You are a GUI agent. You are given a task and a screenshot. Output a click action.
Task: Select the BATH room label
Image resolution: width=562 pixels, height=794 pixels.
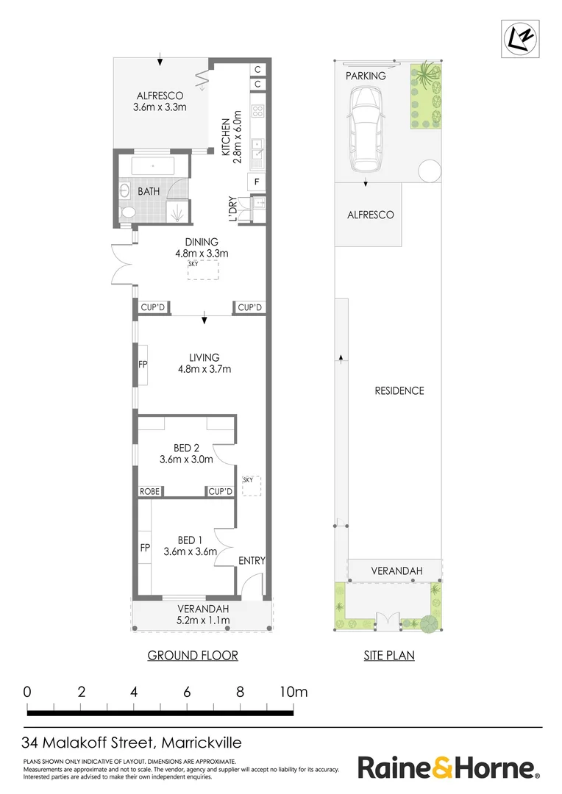pos(149,191)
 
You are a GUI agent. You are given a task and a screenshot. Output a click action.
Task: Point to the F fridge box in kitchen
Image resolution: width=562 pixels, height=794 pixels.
pos(257,181)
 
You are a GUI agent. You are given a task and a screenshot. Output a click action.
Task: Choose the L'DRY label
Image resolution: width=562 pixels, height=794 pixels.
pos(232,209)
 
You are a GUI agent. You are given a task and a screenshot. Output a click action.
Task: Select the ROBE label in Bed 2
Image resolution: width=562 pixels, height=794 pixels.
pos(150,491)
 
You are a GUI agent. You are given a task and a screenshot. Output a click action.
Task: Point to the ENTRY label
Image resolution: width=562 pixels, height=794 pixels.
pos(252,561)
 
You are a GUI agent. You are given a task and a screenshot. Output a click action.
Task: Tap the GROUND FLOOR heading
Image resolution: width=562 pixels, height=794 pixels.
pos(193,655)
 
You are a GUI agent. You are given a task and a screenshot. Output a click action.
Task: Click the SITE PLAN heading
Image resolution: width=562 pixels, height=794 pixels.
pos(389,655)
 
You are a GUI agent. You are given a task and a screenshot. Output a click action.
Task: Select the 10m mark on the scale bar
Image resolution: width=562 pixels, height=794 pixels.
pos(293,692)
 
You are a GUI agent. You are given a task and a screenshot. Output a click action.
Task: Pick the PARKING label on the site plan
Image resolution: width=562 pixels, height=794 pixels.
pos(366,76)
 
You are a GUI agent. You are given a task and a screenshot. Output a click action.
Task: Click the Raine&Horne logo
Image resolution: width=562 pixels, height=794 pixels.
pos(448,768)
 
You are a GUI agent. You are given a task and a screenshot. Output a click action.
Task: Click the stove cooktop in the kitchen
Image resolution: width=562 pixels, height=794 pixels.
pos(258,112)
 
